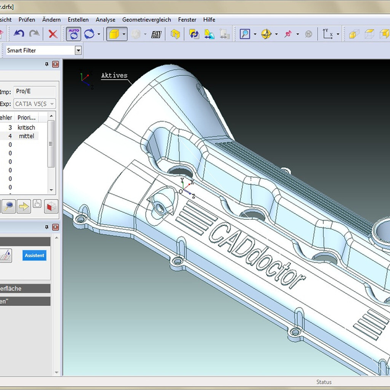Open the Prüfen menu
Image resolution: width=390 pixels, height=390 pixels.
27,20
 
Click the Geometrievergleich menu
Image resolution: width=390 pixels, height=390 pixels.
146,20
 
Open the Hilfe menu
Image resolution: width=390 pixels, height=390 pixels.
209,20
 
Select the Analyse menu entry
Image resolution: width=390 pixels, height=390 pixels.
105,20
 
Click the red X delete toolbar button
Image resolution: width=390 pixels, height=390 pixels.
53,35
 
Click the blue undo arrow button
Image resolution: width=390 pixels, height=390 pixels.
19,35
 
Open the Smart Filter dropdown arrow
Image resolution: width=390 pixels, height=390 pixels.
78,50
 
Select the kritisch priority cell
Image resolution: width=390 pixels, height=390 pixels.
26,127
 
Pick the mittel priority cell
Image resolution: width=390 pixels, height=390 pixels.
26,136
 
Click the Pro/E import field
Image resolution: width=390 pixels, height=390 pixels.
34,91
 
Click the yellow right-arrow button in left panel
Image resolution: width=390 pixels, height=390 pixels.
24,206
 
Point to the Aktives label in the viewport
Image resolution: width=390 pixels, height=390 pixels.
114,76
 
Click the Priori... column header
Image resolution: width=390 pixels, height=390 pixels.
27,117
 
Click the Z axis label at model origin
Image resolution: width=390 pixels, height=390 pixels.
194,196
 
